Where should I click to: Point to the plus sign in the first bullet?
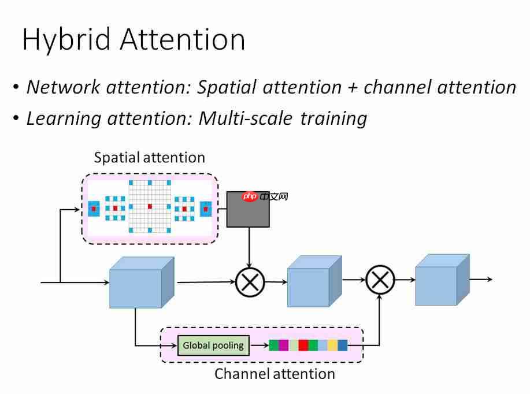[x=353, y=87]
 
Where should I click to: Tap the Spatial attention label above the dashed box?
[x=149, y=157]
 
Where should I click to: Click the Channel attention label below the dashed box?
[x=275, y=374]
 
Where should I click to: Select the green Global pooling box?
[x=214, y=345]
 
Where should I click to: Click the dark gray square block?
[x=249, y=209]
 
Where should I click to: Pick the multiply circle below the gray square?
[x=250, y=283]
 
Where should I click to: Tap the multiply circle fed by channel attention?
[x=380, y=280]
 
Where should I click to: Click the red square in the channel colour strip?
[x=303, y=345]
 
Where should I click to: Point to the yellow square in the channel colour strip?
[x=332, y=345]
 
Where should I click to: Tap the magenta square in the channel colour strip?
[x=284, y=345]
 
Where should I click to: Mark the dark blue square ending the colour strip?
[x=343, y=345]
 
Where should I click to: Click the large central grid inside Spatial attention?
[x=150, y=206]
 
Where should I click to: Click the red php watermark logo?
[x=250, y=197]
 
